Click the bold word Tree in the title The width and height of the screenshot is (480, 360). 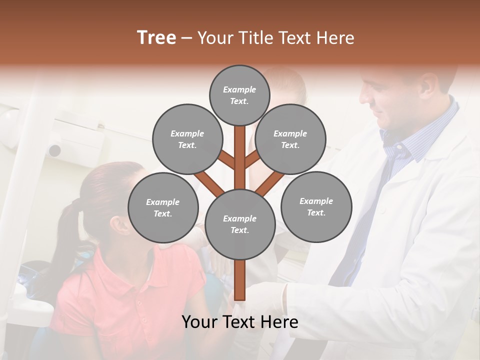(x=156, y=37)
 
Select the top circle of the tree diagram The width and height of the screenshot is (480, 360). (x=239, y=95)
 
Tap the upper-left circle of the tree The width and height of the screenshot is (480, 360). (x=187, y=139)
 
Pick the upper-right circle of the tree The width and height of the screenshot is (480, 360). (x=290, y=139)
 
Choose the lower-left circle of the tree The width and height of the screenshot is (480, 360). (x=163, y=207)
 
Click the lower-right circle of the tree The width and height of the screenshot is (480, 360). (x=316, y=206)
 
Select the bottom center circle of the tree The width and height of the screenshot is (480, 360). (x=240, y=224)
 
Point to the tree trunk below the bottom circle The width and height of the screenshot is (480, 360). (x=240, y=280)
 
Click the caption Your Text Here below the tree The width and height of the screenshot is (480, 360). (x=240, y=322)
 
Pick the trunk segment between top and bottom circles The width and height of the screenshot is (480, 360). (x=240, y=157)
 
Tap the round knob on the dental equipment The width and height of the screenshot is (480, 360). (x=54, y=150)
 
